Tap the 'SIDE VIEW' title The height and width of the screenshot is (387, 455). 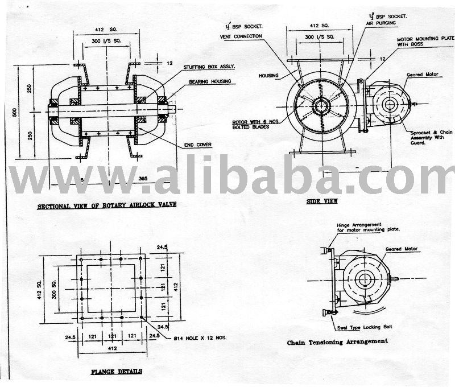click(322, 200)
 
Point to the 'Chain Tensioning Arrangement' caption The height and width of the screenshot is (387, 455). click(338, 341)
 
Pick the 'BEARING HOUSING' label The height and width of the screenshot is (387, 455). click(210, 81)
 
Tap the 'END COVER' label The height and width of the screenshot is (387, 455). click(197, 145)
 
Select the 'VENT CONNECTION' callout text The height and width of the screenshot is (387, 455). click(241, 36)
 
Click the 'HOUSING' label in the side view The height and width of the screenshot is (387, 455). click(268, 75)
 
